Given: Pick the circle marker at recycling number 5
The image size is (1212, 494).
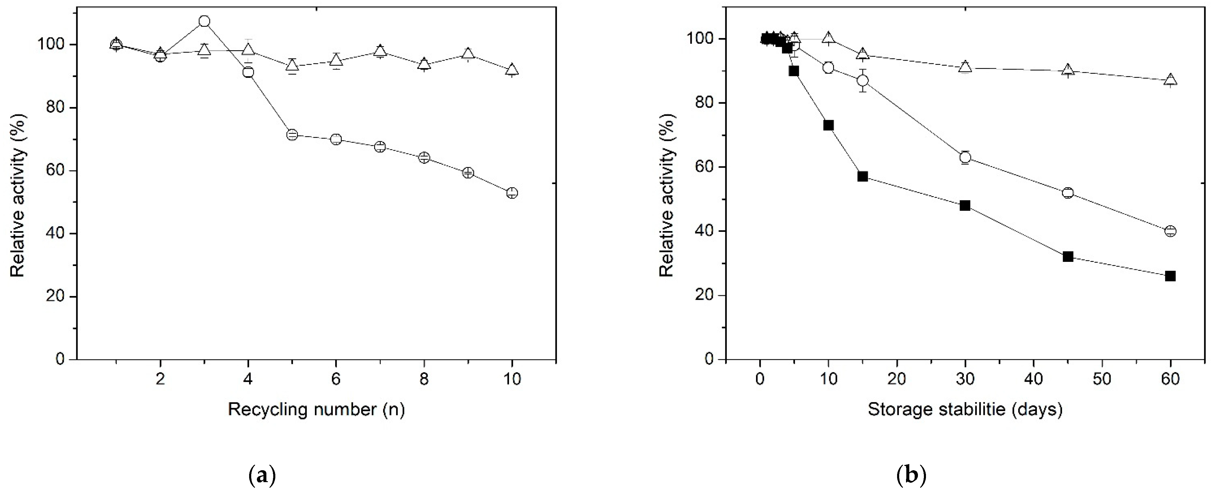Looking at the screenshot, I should coord(292,135).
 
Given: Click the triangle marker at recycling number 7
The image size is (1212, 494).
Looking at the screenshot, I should coord(380,51).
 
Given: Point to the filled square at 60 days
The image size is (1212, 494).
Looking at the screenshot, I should coord(1170,276).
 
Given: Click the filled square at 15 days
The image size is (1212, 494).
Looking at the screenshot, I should coord(863,176).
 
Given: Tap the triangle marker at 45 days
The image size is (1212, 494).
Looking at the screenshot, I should coord(1068,70).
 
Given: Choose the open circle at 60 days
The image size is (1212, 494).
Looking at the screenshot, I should coord(1170,231).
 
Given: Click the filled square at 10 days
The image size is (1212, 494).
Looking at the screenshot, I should coord(829,125).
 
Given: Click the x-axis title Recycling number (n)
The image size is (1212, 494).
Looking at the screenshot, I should coord(316,409).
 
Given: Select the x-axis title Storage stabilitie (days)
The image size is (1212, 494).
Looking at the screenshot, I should coord(965,409).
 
